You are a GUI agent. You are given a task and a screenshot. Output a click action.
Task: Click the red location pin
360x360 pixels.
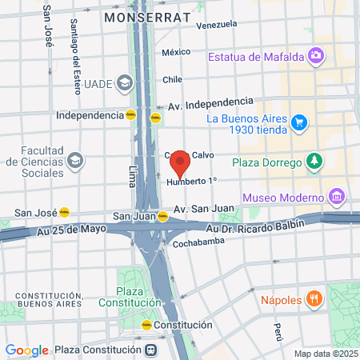click(180, 162)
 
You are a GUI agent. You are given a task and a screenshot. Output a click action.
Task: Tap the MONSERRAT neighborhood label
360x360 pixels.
click(147, 17)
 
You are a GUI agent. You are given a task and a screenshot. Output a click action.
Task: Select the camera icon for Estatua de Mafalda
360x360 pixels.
click(317, 55)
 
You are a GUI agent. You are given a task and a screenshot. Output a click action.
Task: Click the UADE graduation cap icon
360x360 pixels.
click(124, 82)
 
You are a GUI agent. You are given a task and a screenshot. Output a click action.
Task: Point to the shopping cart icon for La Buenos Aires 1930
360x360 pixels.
click(299, 122)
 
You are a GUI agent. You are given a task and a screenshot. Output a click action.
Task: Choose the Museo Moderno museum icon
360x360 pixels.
click(336, 197)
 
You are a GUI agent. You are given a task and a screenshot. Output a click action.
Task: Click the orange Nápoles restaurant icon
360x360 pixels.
click(315, 300)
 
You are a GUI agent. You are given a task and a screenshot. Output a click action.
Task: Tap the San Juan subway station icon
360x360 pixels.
click(162, 216)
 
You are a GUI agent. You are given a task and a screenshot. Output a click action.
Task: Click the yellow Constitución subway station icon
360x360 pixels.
click(146, 326)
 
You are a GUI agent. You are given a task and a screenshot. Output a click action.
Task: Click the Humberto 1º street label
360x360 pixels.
click(191, 182)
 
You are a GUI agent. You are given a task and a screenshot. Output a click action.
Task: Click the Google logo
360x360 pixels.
click(26, 350)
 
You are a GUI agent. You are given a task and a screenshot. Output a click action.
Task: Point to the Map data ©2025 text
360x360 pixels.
click(325, 354)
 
